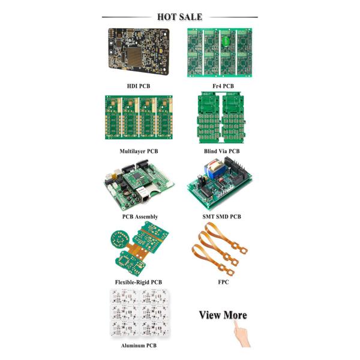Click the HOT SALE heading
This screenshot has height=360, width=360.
[179, 17]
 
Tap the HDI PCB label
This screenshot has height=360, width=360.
[139, 86]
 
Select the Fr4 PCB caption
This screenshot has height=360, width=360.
[223, 86]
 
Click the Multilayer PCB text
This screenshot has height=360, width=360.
[139, 151]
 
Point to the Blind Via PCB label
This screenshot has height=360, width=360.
[221, 151]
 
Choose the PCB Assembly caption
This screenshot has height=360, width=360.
[140, 217]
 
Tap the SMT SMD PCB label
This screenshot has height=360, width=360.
[221, 217]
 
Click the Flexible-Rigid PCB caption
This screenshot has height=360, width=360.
[139, 282]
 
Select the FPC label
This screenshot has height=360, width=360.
[223, 282]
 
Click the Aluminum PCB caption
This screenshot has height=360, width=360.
[139, 346]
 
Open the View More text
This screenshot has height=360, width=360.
[223, 315]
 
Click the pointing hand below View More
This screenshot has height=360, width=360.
[242, 334]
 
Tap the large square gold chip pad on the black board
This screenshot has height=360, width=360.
[134, 56]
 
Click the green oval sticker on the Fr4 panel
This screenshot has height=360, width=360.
[226, 41]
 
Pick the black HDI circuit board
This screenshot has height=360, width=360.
[139, 51]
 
